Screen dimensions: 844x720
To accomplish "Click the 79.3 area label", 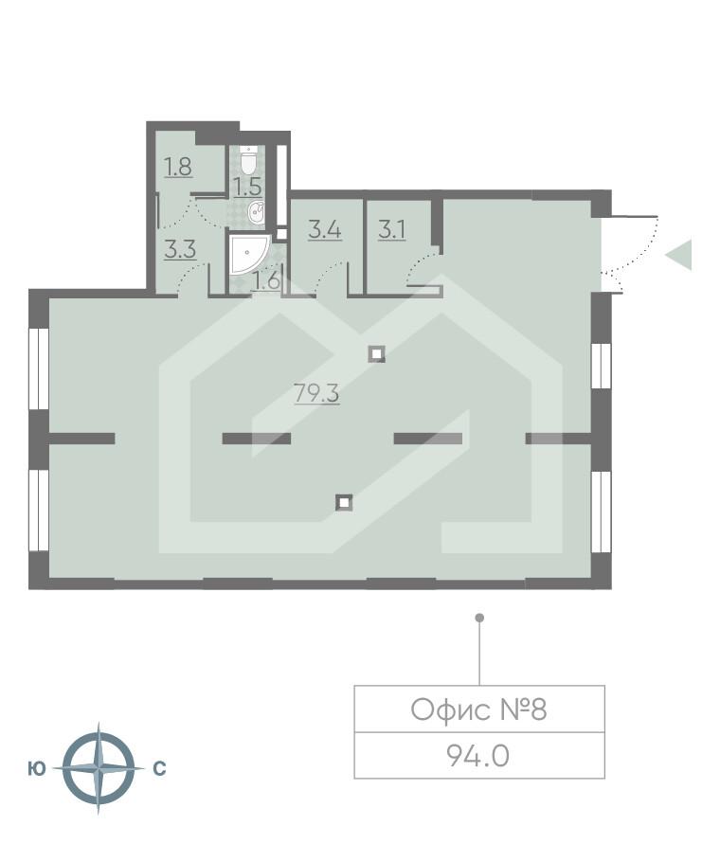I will click(x=316, y=393).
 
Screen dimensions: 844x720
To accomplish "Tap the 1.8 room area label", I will click(x=178, y=168).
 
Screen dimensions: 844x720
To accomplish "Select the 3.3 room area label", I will click(x=179, y=250).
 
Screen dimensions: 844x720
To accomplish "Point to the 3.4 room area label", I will click(x=325, y=228).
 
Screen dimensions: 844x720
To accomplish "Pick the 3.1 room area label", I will click(x=391, y=228).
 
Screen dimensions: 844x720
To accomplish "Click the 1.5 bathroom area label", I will click(x=247, y=186).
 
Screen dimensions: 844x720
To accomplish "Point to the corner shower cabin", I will click(x=245, y=254).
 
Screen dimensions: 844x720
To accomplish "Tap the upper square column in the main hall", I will click(x=377, y=354).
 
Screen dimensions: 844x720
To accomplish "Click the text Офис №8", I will click(x=478, y=709).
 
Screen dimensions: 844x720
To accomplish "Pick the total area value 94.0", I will click(x=478, y=756).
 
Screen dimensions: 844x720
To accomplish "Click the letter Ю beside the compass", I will click(x=37, y=769).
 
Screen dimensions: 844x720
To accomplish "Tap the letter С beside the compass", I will click(x=159, y=769).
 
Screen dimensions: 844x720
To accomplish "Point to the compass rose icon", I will click(x=98, y=768).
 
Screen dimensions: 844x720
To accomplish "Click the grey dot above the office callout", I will click(x=479, y=618).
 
